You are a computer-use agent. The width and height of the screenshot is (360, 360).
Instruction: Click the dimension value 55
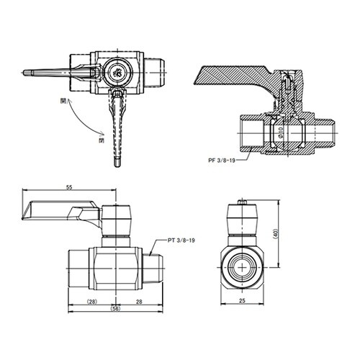point(69,187)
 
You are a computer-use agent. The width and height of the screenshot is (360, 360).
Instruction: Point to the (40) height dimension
point(276,234)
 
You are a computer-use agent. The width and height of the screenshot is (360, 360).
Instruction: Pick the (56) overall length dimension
point(116,308)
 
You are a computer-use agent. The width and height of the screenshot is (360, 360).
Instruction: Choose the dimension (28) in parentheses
point(91,301)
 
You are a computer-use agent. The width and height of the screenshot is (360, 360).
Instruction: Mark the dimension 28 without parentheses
point(138,301)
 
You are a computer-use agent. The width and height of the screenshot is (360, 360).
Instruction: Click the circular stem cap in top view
point(117,72)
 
